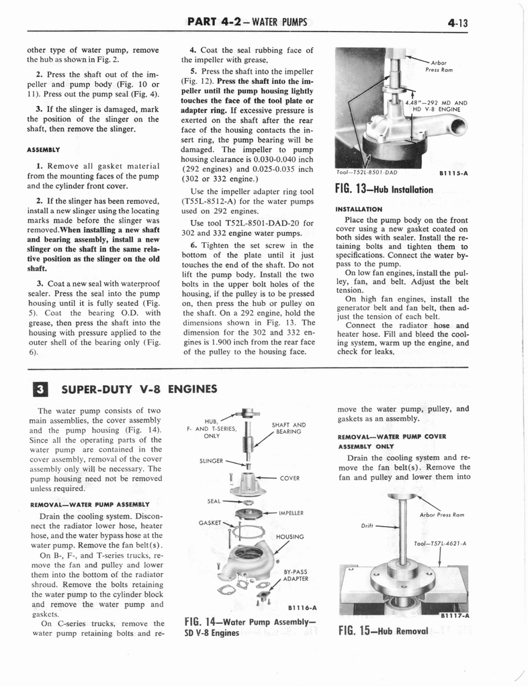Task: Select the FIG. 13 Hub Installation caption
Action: point(383,189)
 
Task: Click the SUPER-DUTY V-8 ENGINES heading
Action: point(139,389)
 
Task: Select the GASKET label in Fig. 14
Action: point(210,522)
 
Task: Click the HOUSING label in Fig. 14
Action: point(290,537)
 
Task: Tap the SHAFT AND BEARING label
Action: point(289,428)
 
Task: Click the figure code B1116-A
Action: point(302,608)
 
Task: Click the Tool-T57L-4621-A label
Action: point(440,543)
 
